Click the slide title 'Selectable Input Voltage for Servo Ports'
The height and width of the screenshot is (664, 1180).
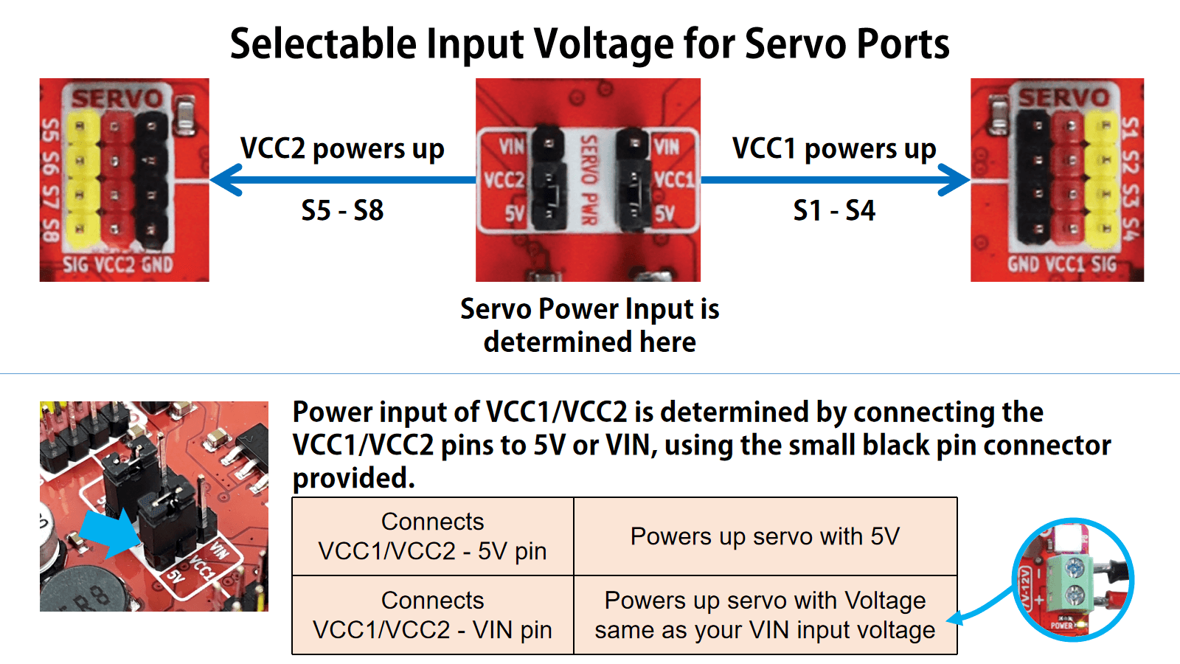click(x=589, y=44)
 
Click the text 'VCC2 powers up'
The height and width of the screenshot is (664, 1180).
click(x=342, y=149)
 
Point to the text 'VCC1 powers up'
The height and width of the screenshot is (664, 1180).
click(x=834, y=149)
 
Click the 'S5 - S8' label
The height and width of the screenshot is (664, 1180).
click(x=342, y=211)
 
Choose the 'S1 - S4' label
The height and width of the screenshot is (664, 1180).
click(x=834, y=211)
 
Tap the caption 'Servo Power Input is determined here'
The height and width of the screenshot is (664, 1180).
click(x=589, y=325)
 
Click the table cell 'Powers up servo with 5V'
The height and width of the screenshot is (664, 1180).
click(x=765, y=536)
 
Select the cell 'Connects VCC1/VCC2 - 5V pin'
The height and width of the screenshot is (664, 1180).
click(x=432, y=536)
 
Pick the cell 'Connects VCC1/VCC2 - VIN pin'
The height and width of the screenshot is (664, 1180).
click(x=432, y=615)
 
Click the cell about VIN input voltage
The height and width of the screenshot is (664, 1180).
click(x=765, y=615)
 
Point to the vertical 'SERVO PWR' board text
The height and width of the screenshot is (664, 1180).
click(x=588, y=180)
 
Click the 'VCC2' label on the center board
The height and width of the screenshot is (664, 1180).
click(x=503, y=180)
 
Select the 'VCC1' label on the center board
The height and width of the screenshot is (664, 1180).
click(x=673, y=180)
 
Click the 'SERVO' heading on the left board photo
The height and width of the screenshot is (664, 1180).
click(x=118, y=99)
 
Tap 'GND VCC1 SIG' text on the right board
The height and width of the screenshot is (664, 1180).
click(x=1062, y=264)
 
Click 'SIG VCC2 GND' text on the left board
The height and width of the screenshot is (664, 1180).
click(x=118, y=264)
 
